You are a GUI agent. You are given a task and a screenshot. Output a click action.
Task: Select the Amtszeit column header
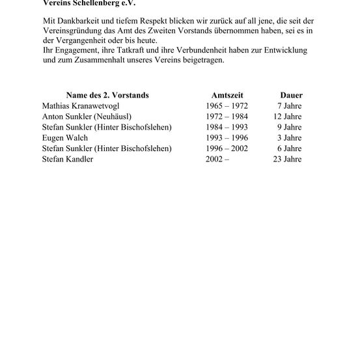tap(227, 95)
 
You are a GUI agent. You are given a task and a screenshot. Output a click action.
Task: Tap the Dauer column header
tap(290, 95)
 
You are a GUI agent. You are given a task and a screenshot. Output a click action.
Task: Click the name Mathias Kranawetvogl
tap(80, 105)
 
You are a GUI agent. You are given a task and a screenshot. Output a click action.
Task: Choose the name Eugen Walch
tap(65, 138)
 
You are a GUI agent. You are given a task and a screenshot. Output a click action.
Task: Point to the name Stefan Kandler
tap(68, 159)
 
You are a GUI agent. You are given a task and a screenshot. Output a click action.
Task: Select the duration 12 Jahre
tap(287, 116)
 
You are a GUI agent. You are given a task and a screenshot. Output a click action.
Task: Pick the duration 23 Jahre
tap(287, 159)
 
